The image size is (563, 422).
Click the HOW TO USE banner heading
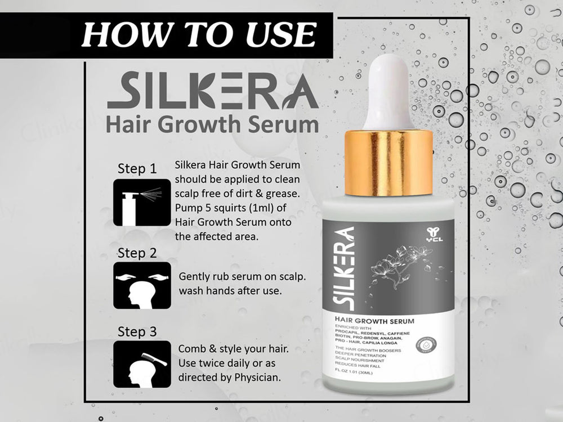click(x=197, y=35)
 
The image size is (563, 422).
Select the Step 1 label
click(x=137, y=168)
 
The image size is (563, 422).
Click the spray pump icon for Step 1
click(x=142, y=202)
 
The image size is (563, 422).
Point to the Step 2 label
click(x=137, y=253)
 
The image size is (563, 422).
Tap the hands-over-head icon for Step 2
click(x=142, y=285)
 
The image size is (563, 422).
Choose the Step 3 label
click(x=137, y=331)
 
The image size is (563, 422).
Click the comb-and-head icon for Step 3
click(x=142, y=363)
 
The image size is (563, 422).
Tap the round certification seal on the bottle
click(x=430, y=344)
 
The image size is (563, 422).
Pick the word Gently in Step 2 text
click(x=194, y=277)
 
